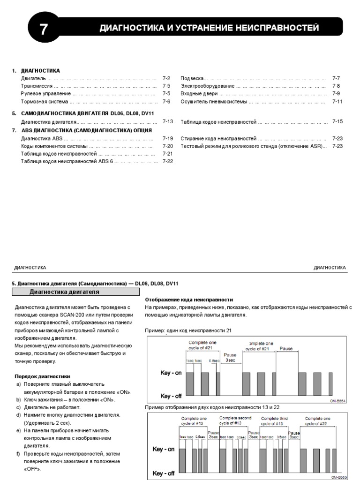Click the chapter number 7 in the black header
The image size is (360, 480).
[44, 30]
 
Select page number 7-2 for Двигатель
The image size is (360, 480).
[167, 79]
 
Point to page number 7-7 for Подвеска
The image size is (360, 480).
[336, 79]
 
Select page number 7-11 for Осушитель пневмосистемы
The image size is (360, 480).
[337, 101]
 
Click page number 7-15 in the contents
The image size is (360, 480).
[337, 121]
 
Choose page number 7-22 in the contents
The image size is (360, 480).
[168, 161]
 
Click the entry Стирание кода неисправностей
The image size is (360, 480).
[218, 139]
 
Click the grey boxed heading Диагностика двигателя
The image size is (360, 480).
[65, 292]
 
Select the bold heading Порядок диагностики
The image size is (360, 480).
[42, 376]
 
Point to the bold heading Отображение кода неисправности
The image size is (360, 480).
[189, 300]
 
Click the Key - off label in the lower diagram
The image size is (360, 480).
[164, 473]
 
